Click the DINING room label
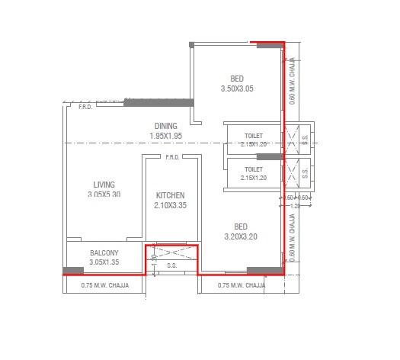pos(165,126)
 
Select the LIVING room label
pos(104,184)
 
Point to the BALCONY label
pos(104,253)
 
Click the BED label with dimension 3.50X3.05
pos(238,79)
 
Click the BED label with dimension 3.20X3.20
pos(241,227)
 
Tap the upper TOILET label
pos(254,134)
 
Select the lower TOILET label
pos(254,169)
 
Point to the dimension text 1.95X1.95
pos(165,136)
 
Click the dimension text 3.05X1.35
pos(104,262)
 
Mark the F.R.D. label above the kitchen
pos(172,158)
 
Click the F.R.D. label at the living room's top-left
pos(85,108)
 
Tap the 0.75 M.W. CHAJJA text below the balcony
pos(105,285)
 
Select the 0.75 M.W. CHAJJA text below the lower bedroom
pos(242,285)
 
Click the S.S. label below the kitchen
pos(171,267)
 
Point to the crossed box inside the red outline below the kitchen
pos(171,252)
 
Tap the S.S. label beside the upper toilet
pos(306,139)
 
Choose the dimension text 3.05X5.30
pos(104,194)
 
